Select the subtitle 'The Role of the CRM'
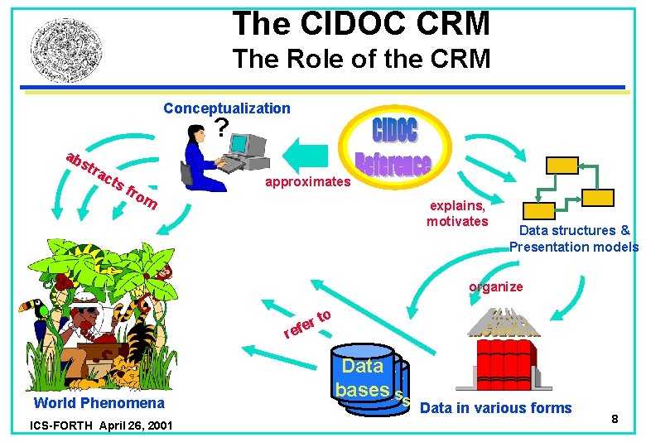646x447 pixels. click(x=361, y=60)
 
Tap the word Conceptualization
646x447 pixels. click(x=226, y=108)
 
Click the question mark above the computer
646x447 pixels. click(x=220, y=128)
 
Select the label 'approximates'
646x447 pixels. click(x=308, y=180)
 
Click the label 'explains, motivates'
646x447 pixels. click(x=457, y=214)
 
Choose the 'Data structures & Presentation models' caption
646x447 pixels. click(x=574, y=238)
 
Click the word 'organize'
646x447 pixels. click(x=495, y=287)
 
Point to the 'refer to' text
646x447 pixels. click(x=307, y=324)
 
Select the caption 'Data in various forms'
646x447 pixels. click(x=495, y=407)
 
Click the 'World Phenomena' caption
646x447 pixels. click(x=99, y=403)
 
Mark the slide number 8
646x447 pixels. click(x=615, y=420)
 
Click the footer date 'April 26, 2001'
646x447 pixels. click(x=134, y=427)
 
